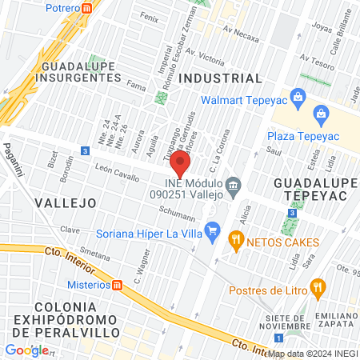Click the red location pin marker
(x=181, y=166)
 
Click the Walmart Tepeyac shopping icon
(x=298, y=100)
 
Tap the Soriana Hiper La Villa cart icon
(x=212, y=234)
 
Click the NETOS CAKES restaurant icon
(x=235, y=240)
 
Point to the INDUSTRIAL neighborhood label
(x=220, y=78)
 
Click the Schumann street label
(x=177, y=217)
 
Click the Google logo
(x=26, y=350)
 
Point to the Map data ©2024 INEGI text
(x=313, y=353)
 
